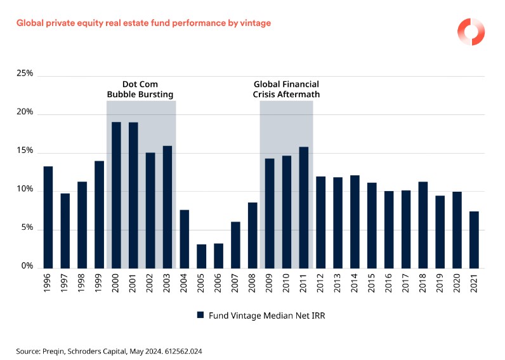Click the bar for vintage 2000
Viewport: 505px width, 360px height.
(116, 194)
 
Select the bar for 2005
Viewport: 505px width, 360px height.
(202, 256)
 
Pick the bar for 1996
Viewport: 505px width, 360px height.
(48, 217)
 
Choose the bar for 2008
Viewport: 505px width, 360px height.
(253, 235)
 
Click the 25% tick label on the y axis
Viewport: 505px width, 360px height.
(25, 74)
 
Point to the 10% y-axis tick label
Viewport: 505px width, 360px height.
(25, 190)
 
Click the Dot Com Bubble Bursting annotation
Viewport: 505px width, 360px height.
(140, 90)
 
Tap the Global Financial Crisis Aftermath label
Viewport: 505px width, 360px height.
(286, 90)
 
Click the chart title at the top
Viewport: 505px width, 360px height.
(143, 23)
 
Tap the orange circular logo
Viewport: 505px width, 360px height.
(471, 31)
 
